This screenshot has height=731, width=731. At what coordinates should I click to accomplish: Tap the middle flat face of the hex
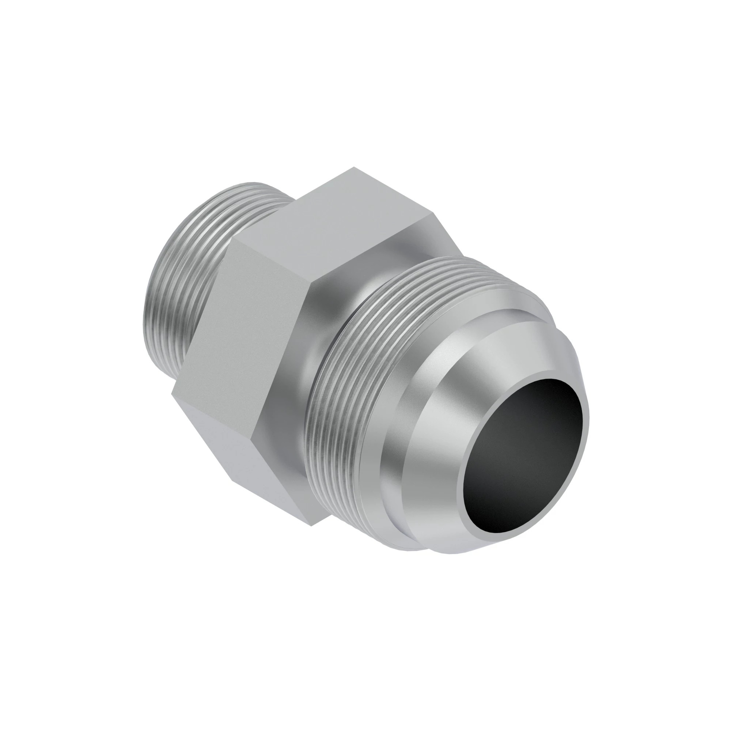pos(242,325)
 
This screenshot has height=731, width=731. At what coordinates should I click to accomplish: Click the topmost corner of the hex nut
pos(354,167)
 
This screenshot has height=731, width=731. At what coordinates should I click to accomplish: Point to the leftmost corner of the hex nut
pos(172,394)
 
